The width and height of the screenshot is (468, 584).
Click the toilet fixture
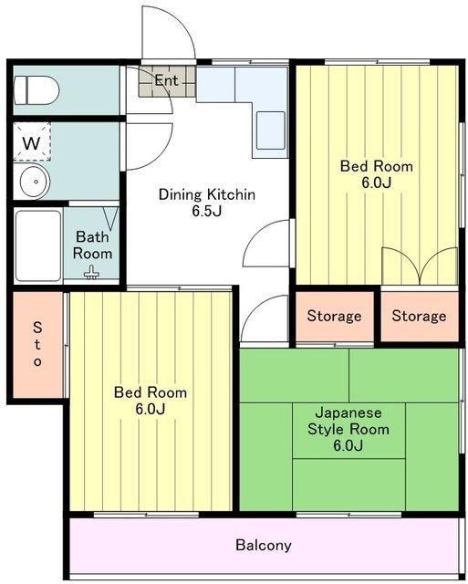(x=36, y=90)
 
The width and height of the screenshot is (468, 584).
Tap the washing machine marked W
(x=32, y=141)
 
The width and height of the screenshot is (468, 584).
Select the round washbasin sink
(x=35, y=182)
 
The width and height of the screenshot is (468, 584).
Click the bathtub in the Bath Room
(x=38, y=245)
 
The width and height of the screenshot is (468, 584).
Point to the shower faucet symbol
(x=91, y=273)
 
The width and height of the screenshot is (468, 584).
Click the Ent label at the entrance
(x=166, y=80)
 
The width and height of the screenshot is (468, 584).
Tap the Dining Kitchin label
(x=207, y=194)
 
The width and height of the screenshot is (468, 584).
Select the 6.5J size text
(x=207, y=211)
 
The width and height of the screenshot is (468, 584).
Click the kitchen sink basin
(x=271, y=130)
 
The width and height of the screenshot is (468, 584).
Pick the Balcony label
(x=264, y=546)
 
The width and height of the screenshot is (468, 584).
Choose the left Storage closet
(x=334, y=317)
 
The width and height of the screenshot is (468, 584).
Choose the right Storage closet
(x=420, y=317)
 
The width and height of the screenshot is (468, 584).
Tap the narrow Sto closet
(x=37, y=345)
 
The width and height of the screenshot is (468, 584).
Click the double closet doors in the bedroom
(x=420, y=266)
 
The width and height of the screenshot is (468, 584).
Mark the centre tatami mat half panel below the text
(x=348, y=485)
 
